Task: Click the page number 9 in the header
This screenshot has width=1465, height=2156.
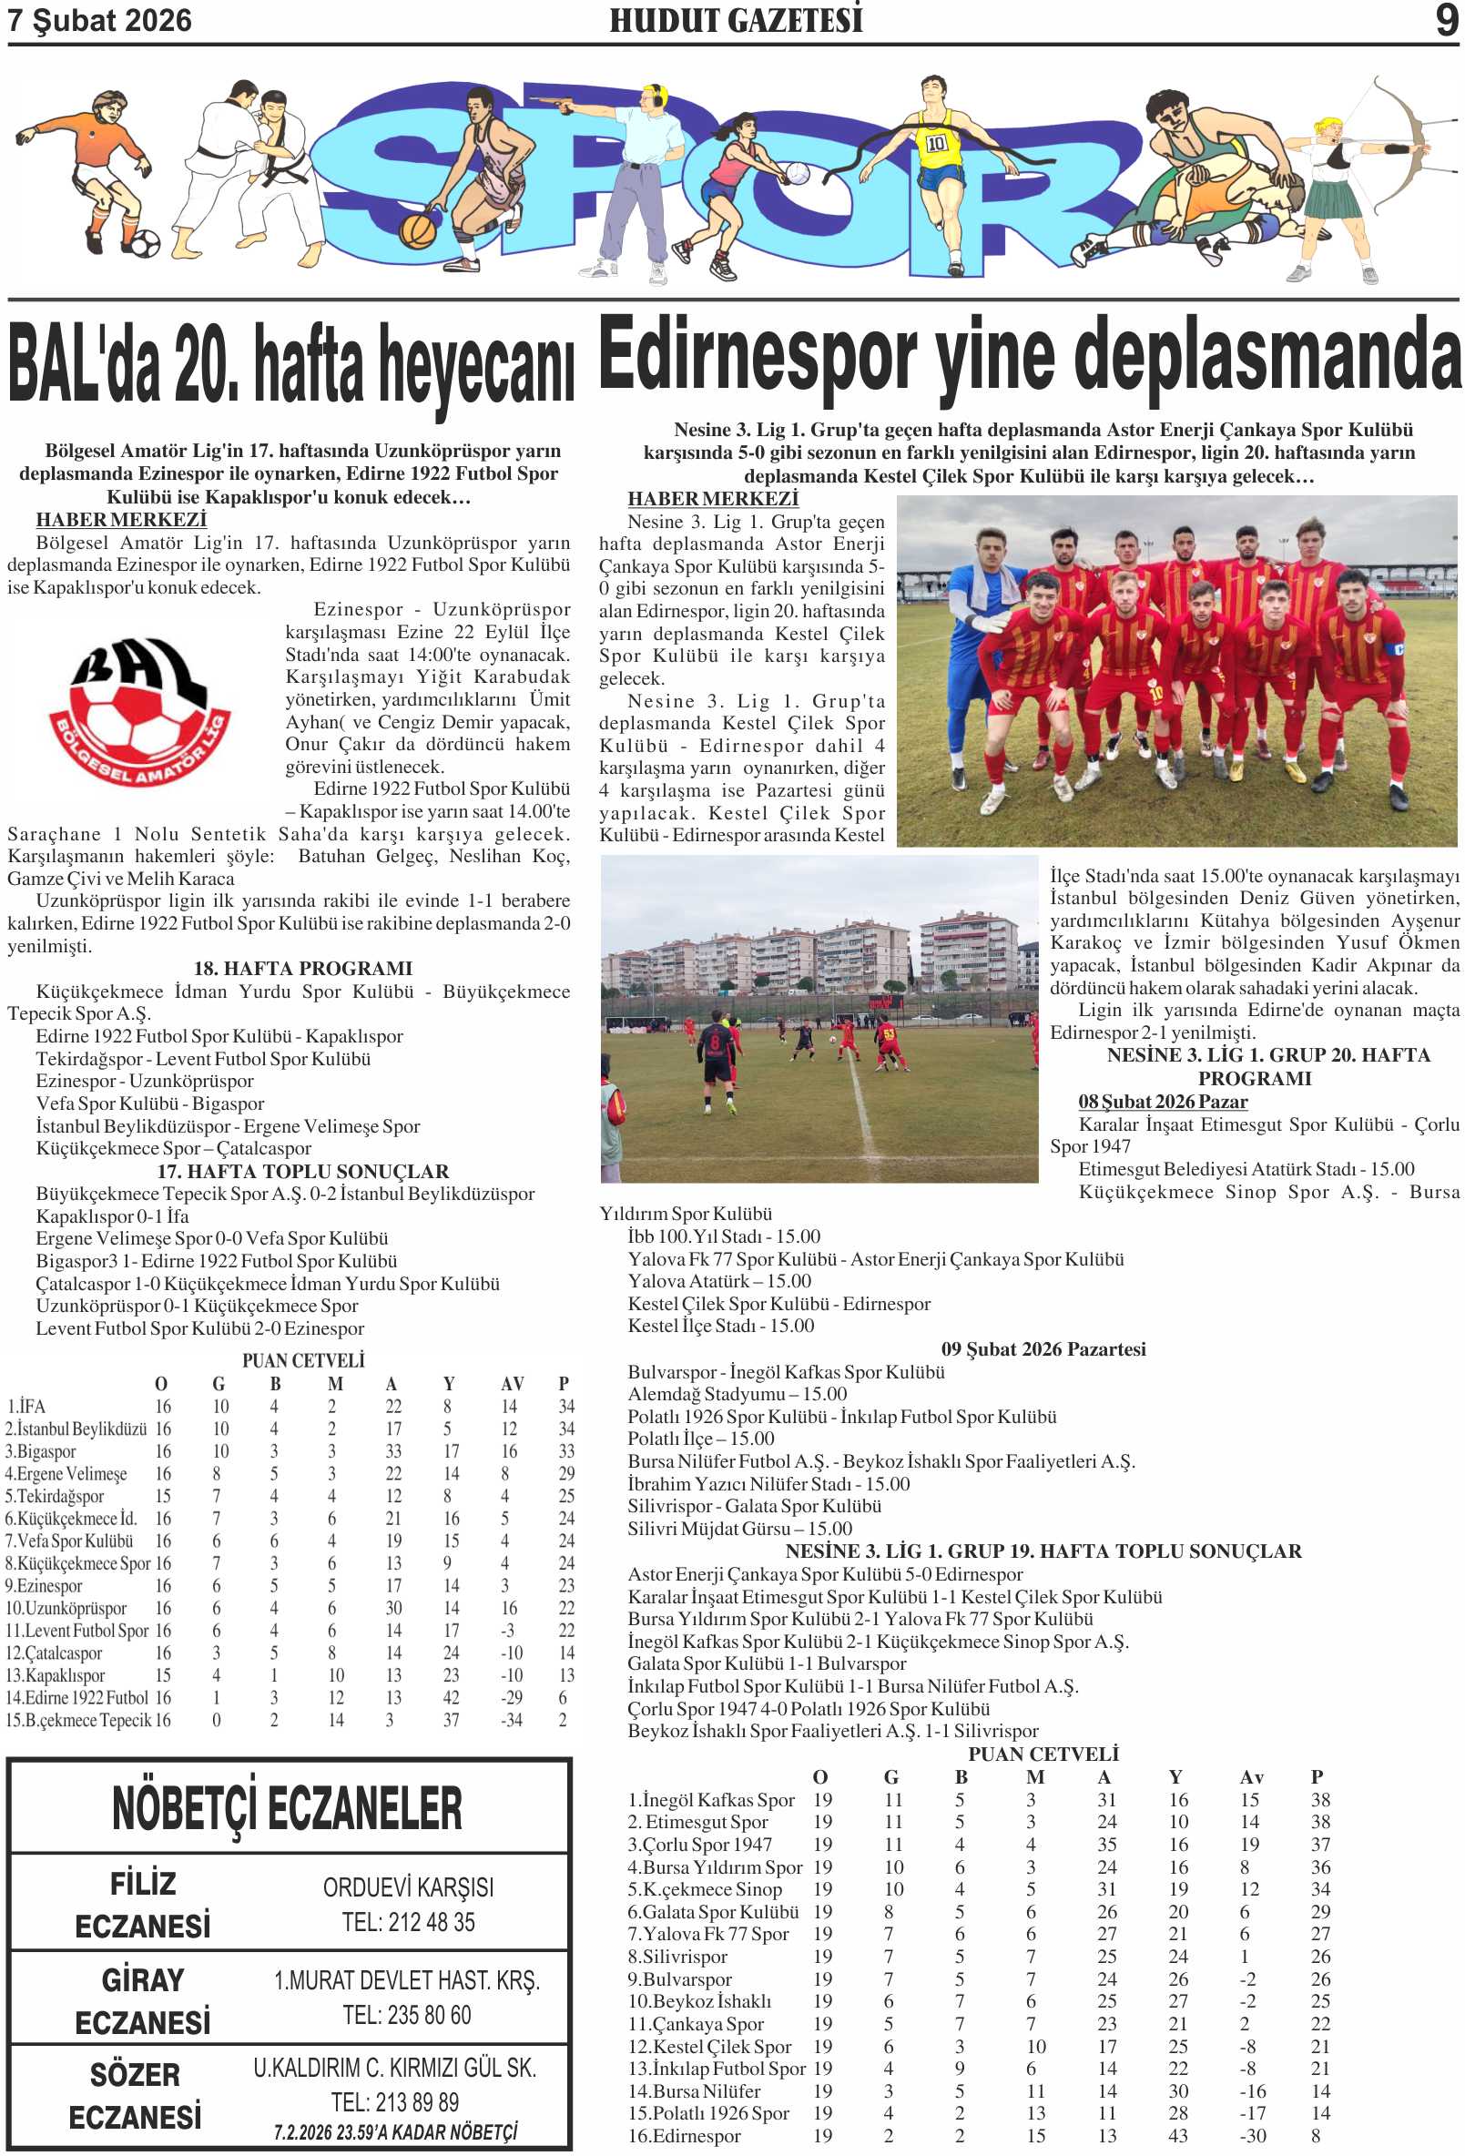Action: tap(1446, 19)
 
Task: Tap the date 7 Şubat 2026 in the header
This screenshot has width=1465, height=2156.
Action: tap(99, 20)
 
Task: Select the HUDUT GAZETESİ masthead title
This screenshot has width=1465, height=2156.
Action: tap(735, 20)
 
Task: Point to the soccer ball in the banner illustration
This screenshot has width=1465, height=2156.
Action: tap(144, 244)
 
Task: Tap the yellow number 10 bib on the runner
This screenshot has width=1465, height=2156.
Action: tap(935, 143)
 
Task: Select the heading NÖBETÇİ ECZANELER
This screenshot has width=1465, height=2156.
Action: tap(287, 1808)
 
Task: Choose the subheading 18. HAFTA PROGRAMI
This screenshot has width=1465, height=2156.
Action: tap(302, 968)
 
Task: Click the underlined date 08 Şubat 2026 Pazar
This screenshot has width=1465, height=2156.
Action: tap(1162, 1101)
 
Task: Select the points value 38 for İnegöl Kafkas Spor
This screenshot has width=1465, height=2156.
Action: tap(1320, 1800)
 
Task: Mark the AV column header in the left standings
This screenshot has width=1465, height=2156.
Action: tap(512, 1384)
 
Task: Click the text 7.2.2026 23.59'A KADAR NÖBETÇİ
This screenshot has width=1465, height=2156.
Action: tap(394, 2132)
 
